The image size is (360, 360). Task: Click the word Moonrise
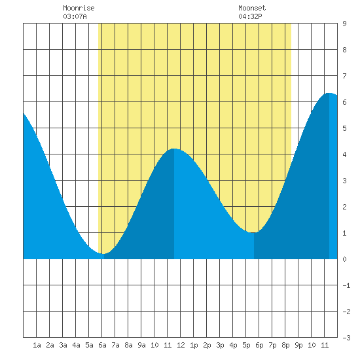pos(79,8)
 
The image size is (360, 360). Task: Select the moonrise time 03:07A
pos(75,16)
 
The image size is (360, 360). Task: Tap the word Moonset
pos(252,8)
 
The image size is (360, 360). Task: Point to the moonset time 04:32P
pos(250,16)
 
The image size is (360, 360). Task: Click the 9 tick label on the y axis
pos(344,24)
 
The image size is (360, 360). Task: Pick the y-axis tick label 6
pos(344,102)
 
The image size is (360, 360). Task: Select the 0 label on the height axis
pos(344,259)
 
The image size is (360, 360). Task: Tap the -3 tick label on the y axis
pos(346,338)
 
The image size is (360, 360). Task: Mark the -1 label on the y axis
pos(346,285)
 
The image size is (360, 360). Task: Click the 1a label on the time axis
pos(37,345)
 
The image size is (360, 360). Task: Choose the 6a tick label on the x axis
pos(102,345)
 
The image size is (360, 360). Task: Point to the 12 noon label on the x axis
pos(181,345)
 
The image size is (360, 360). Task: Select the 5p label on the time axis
pos(246,345)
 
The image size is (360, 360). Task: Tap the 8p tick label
pos(285,345)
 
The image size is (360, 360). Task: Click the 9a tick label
pos(141,345)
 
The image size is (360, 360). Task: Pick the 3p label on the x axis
pos(220,345)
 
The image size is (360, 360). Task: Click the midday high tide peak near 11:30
pos(174,149)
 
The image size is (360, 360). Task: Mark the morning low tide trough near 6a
pos(104,254)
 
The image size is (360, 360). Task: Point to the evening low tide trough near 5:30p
pos(253,232)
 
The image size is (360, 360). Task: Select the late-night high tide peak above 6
pos(329,93)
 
